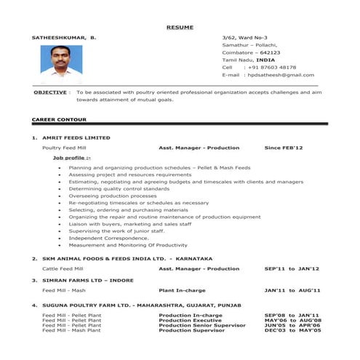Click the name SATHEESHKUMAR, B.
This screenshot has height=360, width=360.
(x=63, y=36)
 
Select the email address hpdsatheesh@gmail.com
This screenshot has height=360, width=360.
(x=280, y=75)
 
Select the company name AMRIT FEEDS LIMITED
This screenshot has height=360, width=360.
(x=76, y=137)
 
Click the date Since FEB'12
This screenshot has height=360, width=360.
(x=284, y=148)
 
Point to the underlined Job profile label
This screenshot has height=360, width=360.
(x=71, y=157)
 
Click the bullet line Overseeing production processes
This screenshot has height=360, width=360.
(x=113, y=196)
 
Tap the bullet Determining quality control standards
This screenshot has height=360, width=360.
(x=119, y=188)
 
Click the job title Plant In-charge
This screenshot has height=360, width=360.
(x=183, y=290)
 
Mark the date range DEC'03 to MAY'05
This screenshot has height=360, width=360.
(x=292, y=330)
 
